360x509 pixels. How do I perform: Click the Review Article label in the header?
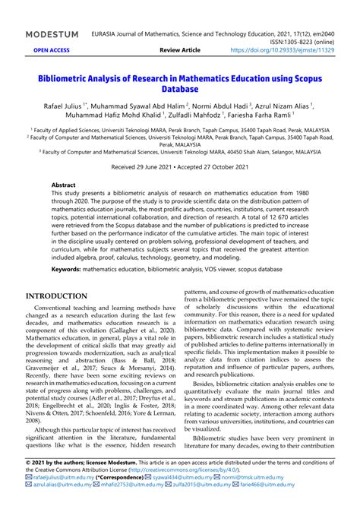point(180,49)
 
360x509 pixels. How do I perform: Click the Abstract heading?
point(63,185)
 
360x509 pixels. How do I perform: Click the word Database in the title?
point(180,90)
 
